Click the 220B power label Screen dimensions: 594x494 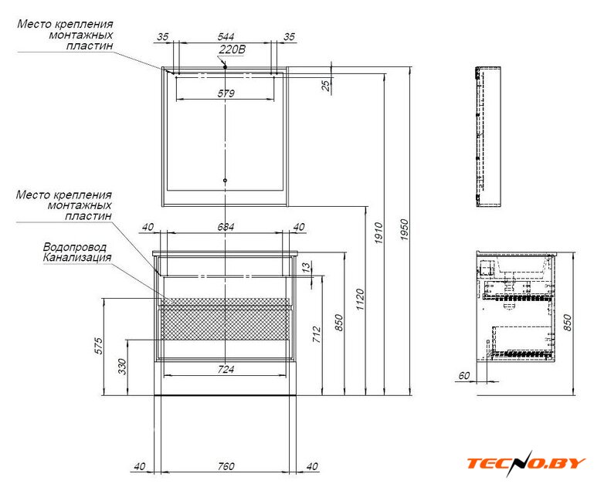pyautogui.click(x=233, y=49)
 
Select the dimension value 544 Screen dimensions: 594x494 pyautogui.click(x=226, y=37)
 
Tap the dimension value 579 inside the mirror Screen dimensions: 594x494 pyautogui.click(x=226, y=93)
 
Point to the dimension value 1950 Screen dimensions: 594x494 pyautogui.click(x=405, y=230)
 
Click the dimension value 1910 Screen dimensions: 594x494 pyautogui.click(x=378, y=233)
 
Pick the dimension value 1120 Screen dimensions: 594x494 pyautogui.click(x=360, y=299)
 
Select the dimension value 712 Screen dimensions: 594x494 pyautogui.click(x=317, y=335)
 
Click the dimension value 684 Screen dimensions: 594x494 pyautogui.click(x=226, y=227)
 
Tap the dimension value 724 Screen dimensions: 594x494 pyautogui.click(x=226, y=369)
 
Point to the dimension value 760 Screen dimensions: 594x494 pyautogui.click(x=226, y=466)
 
